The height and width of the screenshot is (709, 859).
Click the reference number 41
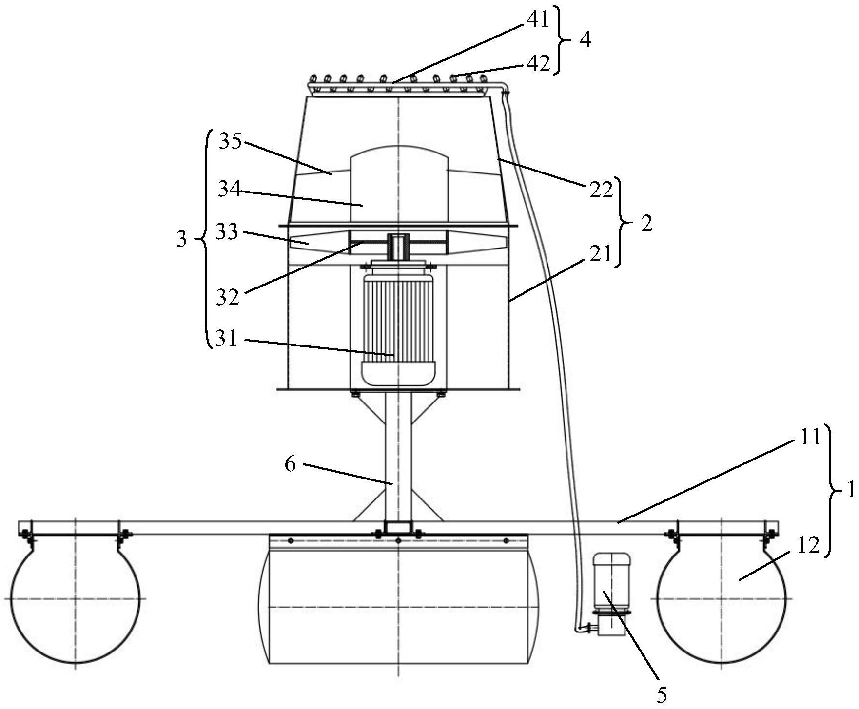click(538, 19)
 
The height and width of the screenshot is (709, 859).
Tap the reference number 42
click(539, 63)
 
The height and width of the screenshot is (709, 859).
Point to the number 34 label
click(230, 189)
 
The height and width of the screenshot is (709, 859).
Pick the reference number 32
click(228, 297)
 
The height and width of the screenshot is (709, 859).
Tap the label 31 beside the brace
click(226, 339)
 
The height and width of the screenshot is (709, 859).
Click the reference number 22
click(600, 191)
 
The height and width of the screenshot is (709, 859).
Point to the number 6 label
click(290, 464)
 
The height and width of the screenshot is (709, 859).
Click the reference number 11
click(810, 437)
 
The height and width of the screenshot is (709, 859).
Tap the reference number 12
click(808, 546)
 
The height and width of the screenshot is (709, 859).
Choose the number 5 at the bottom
click(662, 694)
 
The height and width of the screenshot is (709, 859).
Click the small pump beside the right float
click(610, 594)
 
